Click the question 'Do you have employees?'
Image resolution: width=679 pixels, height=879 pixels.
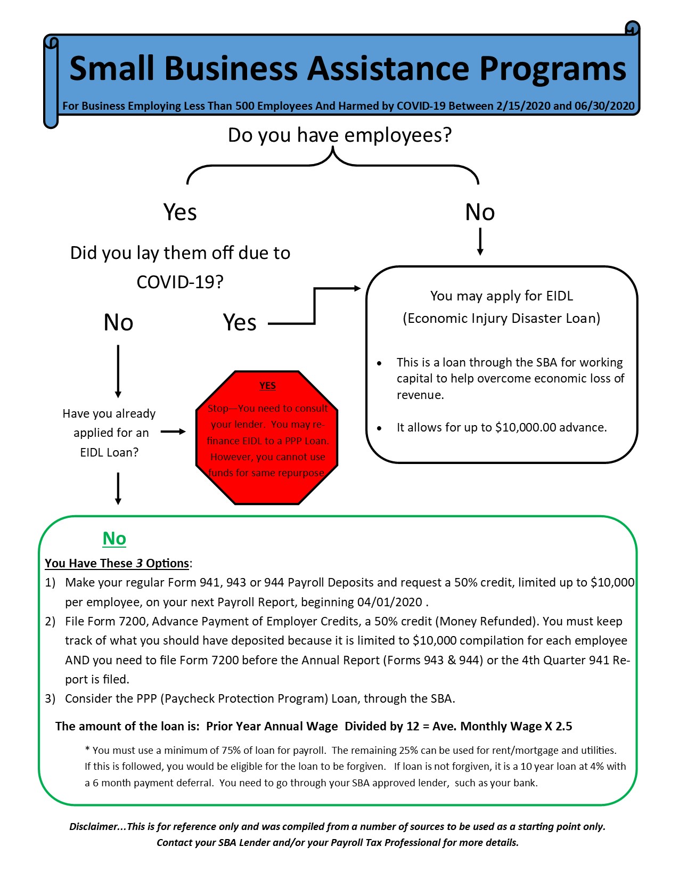coord(339,135)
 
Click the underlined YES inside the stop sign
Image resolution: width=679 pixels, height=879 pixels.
coord(267,386)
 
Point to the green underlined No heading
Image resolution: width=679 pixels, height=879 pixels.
coord(114,539)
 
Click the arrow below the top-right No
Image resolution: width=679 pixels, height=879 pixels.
coord(480,241)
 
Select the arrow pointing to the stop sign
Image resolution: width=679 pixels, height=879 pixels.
coord(173,432)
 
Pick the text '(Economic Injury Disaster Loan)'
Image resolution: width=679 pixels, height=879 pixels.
coord(501,319)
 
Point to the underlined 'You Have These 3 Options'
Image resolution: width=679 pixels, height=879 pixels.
coord(117,564)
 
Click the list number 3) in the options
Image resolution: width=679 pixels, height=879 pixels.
coord(50,699)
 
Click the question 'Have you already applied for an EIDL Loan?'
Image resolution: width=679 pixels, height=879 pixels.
coord(109,433)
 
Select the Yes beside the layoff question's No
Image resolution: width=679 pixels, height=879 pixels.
coord(240,323)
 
